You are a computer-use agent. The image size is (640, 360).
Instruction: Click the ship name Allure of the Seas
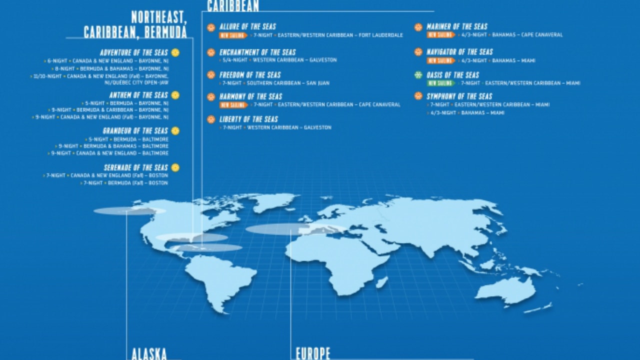247,26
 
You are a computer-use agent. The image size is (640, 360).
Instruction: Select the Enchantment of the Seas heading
257,52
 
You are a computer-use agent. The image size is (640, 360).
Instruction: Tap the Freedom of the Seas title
250,75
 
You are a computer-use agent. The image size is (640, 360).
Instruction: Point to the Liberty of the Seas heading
248,119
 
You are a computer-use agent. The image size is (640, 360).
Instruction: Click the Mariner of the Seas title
457,26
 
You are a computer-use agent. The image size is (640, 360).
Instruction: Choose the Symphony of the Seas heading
459,96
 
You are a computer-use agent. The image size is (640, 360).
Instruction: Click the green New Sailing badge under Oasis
440,83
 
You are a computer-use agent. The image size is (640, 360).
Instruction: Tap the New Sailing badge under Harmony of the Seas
233,105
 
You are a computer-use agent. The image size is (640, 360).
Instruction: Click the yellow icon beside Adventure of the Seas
175,52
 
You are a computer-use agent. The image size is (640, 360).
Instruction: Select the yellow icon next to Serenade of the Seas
175,167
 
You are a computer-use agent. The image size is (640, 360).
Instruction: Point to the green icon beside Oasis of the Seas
418,75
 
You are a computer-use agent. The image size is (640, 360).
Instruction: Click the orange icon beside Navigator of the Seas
418,51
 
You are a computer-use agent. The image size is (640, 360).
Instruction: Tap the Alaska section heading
149,354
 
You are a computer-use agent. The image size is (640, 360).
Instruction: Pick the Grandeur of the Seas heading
135,130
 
